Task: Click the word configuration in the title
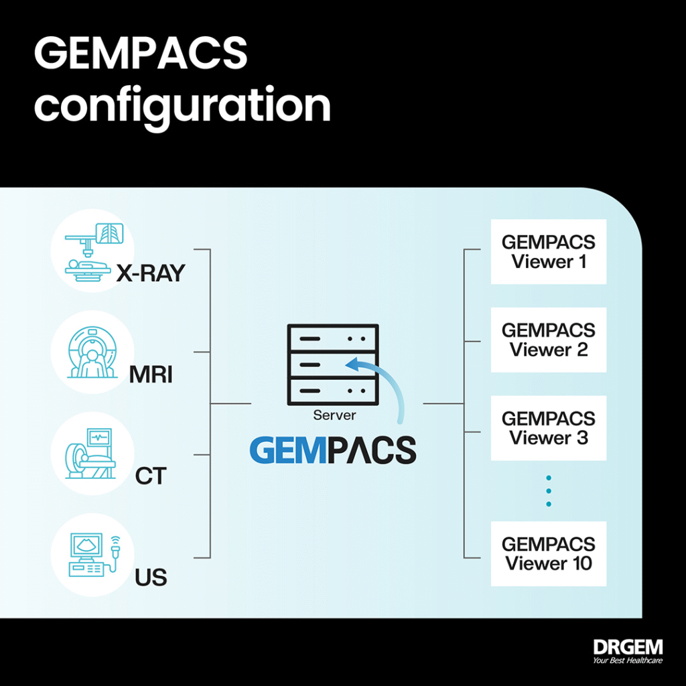point(182,107)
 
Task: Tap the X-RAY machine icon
point(94,253)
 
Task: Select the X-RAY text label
point(151,273)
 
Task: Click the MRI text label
point(151,375)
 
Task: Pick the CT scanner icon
point(90,454)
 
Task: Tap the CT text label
point(151,476)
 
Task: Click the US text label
point(151,577)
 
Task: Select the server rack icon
point(333,364)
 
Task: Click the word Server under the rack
point(335,415)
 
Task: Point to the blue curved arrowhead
point(354,364)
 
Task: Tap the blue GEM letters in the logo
point(289,450)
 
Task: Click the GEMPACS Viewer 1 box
point(549,252)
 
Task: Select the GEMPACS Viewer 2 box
point(549,340)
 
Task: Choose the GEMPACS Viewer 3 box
point(549,428)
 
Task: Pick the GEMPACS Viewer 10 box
point(549,553)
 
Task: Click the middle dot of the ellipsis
point(549,491)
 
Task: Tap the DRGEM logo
point(628,651)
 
